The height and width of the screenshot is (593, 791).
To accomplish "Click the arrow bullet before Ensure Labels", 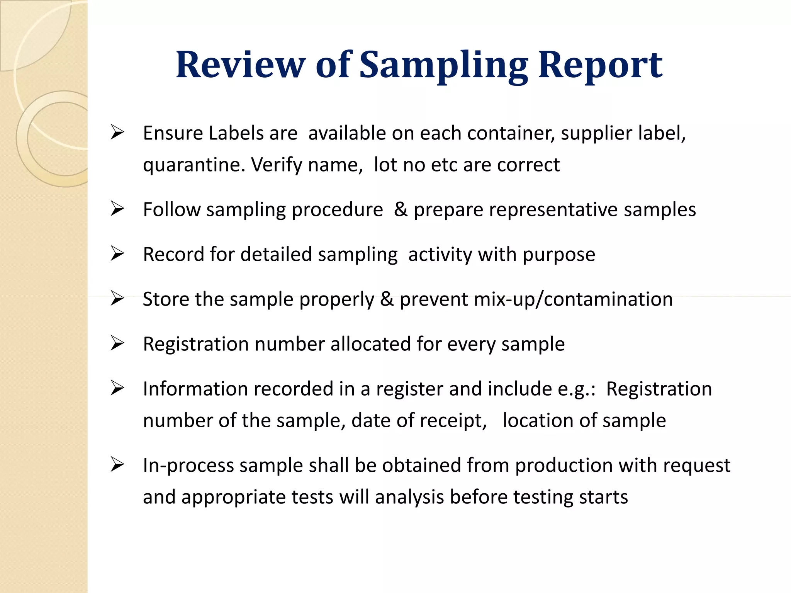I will pos(117,132).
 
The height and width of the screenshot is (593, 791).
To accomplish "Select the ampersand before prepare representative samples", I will pos(401,209).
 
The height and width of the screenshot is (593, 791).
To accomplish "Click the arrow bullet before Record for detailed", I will pos(117,253).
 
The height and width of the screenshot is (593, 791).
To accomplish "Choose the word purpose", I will pos(558,255).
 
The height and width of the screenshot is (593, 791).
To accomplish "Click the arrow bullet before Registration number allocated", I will pos(117,343).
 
